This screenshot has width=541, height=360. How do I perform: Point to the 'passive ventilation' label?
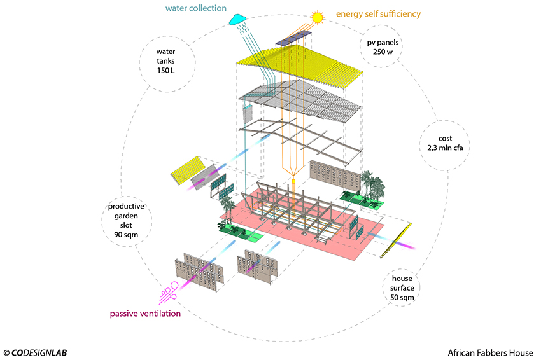click(145, 314)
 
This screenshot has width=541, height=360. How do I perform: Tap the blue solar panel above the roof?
click(295, 39)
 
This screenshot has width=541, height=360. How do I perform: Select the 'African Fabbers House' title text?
click(489, 352)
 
